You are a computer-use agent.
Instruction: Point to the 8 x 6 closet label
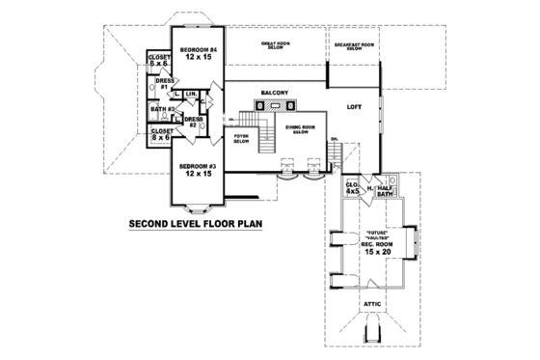click(x=162, y=134)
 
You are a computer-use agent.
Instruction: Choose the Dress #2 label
click(x=193, y=123)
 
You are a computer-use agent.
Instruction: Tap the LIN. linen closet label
click(x=192, y=94)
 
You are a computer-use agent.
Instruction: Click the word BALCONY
click(x=275, y=94)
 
